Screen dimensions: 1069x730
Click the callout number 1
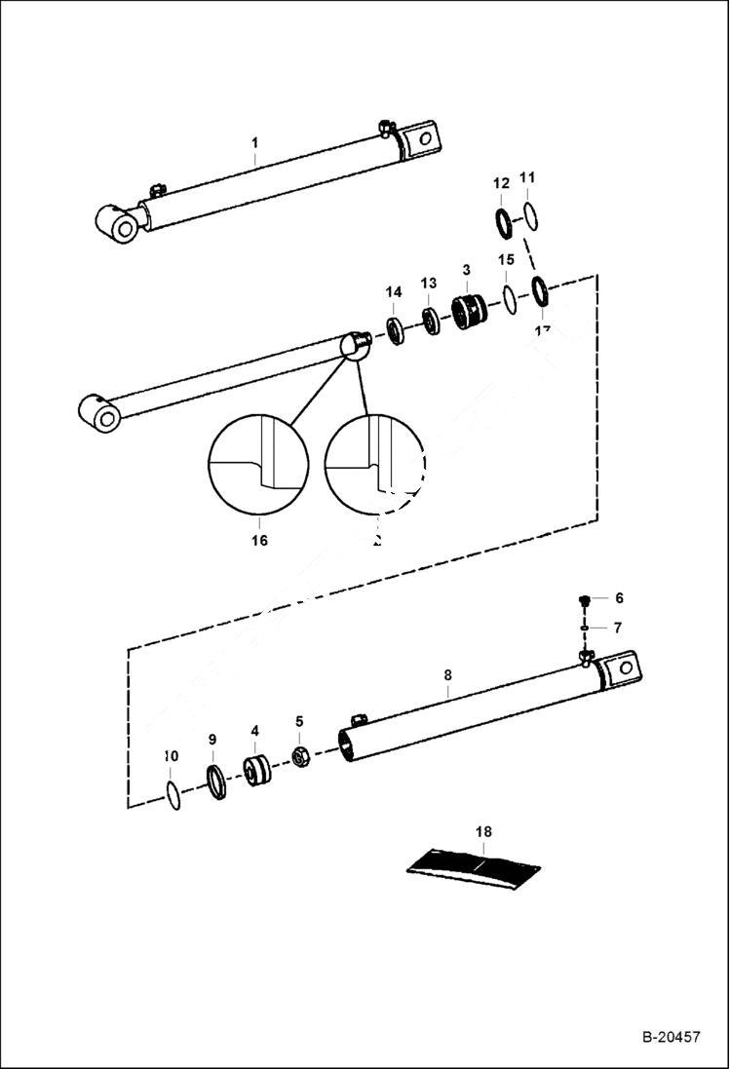[254, 142]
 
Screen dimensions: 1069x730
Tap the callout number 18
[483, 831]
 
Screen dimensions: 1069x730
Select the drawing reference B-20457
[671, 1038]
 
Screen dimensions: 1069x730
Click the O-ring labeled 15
[509, 300]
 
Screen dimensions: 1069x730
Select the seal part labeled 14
[396, 330]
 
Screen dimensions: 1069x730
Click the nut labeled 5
[301, 757]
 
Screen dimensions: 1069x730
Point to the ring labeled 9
[215, 783]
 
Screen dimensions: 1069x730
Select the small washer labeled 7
[584, 629]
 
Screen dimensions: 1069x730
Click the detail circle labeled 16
[259, 464]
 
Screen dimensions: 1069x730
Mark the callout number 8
[447, 674]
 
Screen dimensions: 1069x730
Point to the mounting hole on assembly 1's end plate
[424, 137]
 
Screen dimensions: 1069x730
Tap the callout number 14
[393, 291]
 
